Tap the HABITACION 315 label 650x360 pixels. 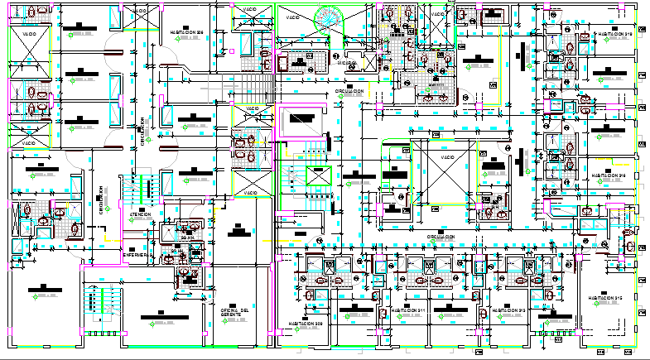(x=607, y=299)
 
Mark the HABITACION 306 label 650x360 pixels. (x=187, y=33)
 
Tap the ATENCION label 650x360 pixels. (x=140, y=214)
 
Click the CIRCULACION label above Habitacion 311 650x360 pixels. (x=445, y=237)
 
